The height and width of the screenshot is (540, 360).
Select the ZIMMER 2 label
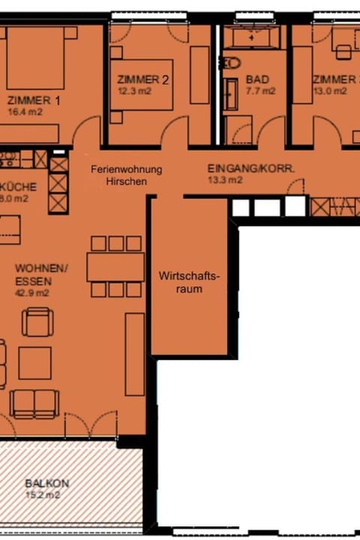pos(142,79)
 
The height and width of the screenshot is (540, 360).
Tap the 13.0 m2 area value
pos(329,91)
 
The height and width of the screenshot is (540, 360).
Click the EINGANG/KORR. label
pos(251,169)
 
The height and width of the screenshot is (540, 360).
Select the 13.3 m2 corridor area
pos(225,181)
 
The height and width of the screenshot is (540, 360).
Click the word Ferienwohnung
pos(126,169)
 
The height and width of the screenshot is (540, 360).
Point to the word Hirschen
pos(126,181)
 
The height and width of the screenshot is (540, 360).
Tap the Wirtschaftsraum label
pos(190,282)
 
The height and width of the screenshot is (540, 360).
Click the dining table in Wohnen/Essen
pos(115,266)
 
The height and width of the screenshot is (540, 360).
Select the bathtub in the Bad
pos(255,37)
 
